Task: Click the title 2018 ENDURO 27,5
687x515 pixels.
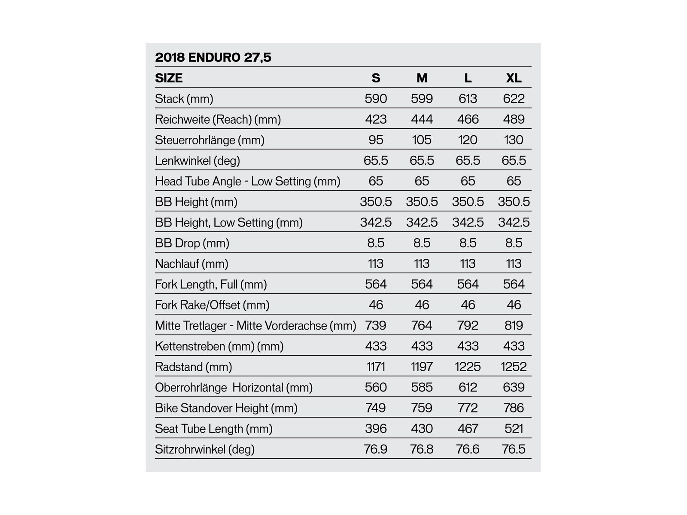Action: pos(213,58)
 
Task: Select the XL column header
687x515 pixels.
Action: pos(514,78)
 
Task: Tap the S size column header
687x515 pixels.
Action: pos(376,78)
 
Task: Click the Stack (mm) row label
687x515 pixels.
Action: pos(184,99)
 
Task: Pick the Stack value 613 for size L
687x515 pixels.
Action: pos(468,99)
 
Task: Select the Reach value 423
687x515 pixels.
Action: pos(376,119)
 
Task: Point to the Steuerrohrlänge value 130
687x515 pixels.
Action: pos(514,140)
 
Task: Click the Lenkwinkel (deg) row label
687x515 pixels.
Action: pos(197,161)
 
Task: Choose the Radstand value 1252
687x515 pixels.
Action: pos(514,367)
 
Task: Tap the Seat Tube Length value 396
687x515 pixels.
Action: pos(376,429)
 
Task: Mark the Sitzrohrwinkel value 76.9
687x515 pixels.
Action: pos(376,449)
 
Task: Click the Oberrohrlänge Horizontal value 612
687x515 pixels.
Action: pos(468,388)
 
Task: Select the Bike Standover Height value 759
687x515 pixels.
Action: pos(422,408)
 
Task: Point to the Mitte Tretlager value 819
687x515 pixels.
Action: pos(514,325)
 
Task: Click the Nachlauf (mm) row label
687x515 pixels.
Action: pos(192,264)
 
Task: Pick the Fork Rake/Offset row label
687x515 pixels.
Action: pos(212,305)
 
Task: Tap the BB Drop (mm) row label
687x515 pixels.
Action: pos(192,243)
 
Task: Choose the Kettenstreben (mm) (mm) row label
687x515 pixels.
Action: pos(219,346)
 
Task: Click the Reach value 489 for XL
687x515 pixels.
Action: pos(514,119)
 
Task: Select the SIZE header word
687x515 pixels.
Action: pos(169,78)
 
